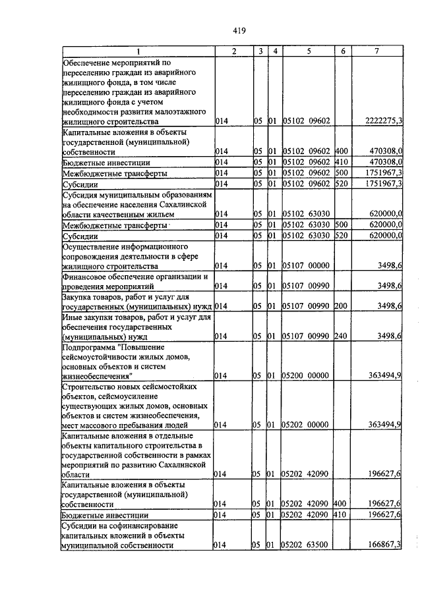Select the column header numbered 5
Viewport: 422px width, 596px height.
307,51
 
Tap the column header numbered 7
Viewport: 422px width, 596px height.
377,51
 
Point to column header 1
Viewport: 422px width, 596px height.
138,51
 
